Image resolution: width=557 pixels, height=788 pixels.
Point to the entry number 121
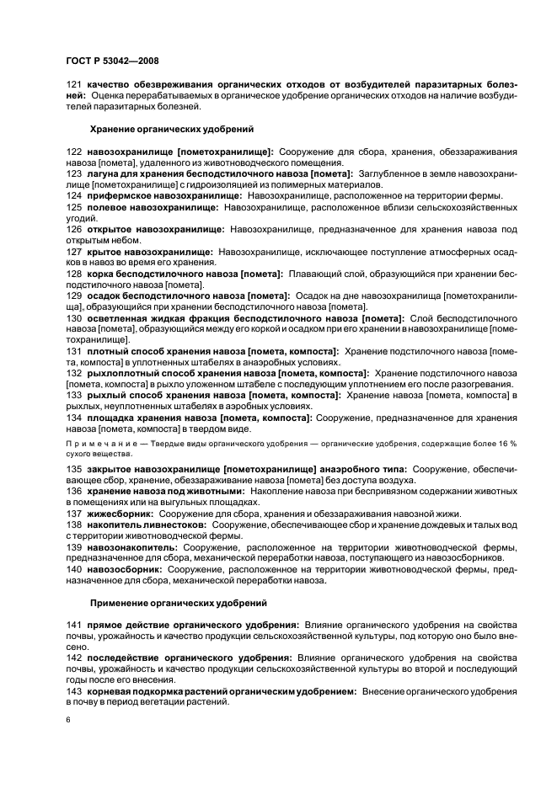pyautogui.click(x=73, y=84)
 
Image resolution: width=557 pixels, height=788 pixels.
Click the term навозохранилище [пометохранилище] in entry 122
pyautogui.click(x=180, y=151)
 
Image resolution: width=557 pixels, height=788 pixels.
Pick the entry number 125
pyautogui.click(x=73, y=206)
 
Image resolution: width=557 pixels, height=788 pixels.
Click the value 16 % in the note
pyautogui.click(x=509, y=442)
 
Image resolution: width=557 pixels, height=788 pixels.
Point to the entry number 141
pyautogui.click(x=73, y=625)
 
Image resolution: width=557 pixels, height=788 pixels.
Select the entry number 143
pyautogui.click(x=73, y=690)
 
